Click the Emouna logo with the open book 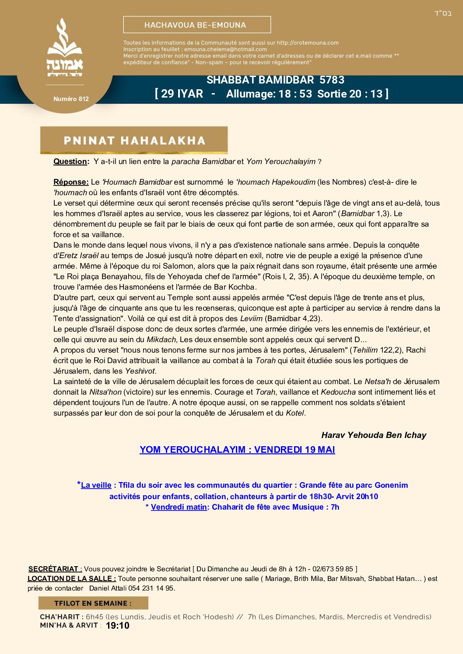65,47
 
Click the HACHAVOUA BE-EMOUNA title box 197,25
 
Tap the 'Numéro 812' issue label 71,99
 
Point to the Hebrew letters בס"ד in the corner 442,14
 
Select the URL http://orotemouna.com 308,43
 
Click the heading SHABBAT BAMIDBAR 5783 275,80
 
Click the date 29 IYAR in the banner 182,94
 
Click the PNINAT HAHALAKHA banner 134,140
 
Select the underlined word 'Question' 70,161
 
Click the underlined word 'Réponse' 70,182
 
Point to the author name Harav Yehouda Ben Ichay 373,435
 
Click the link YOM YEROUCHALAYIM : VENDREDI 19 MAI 237,450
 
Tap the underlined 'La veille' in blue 96,485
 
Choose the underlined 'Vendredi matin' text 179,507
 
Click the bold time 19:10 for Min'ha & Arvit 117,626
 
